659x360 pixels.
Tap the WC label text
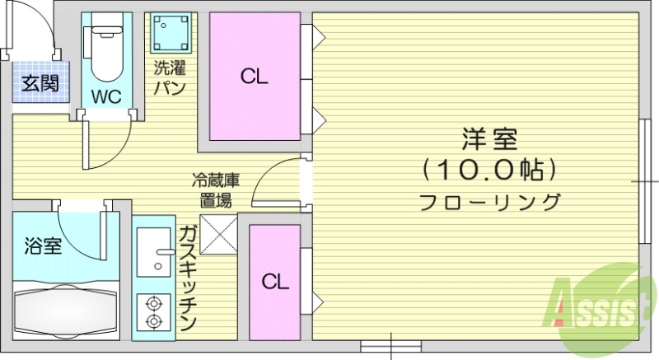coord(106,96)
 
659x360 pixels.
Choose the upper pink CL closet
coord(254,77)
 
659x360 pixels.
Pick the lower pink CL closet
coord(275,282)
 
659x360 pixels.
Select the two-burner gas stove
coord(152,311)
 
